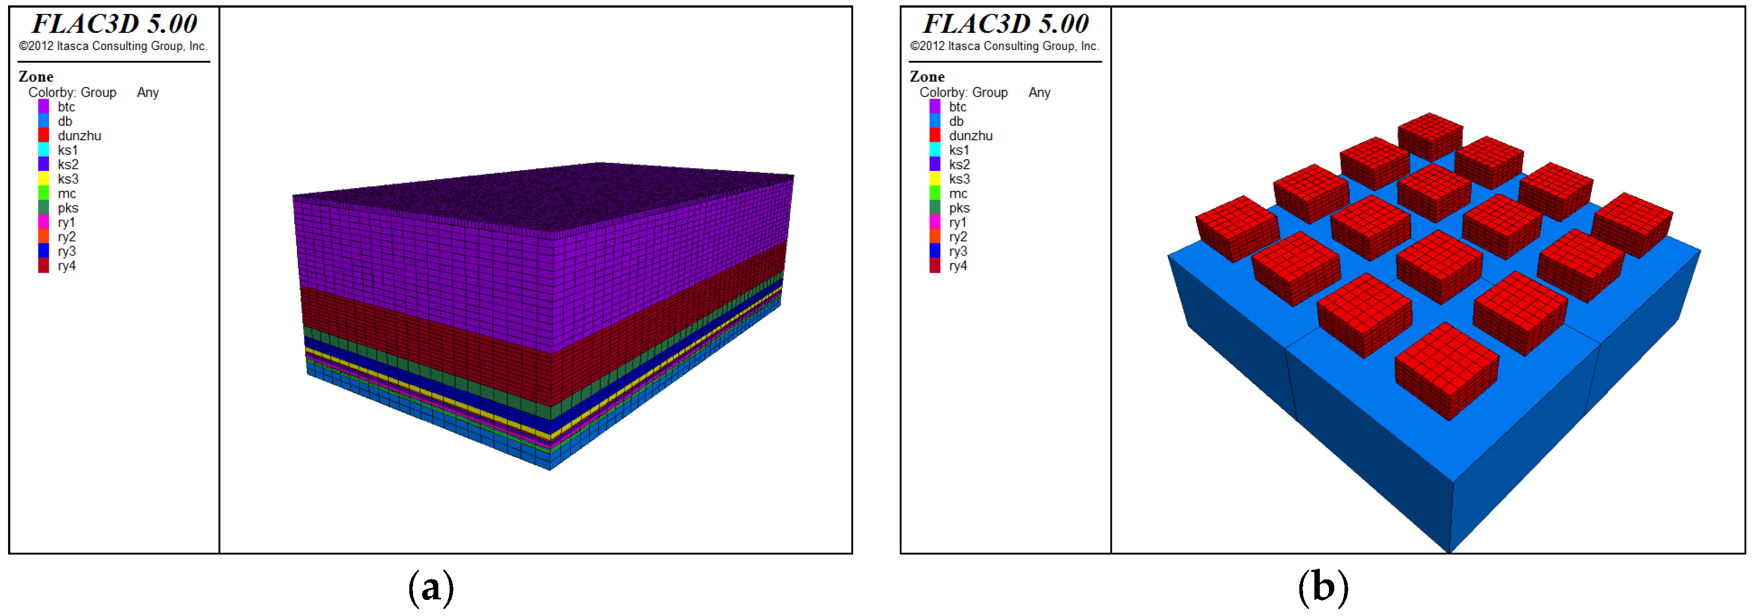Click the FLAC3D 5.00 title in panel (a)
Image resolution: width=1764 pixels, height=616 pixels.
point(115,24)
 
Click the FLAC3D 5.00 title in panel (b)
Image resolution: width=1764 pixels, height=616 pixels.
point(1005,24)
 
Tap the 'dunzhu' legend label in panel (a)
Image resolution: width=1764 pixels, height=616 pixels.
point(80,135)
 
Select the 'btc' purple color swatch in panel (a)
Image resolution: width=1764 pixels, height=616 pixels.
point(43,107)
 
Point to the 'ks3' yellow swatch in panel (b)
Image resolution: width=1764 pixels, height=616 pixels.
point(935,178)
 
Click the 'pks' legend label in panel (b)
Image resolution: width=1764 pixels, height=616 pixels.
point(959,208)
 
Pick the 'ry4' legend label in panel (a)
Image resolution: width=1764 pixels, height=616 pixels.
point(67,266)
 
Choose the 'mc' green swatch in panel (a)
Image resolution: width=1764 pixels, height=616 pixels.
point(43,194)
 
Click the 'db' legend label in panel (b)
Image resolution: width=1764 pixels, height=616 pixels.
point(956,121)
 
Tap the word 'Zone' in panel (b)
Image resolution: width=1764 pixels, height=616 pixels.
point(927,77)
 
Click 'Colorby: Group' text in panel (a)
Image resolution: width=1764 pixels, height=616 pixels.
point(72,92)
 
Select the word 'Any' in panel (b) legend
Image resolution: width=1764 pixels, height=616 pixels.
point(1039,92)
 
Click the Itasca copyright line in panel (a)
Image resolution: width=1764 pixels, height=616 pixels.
point(113,46)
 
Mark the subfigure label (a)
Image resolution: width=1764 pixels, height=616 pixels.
point(431,588)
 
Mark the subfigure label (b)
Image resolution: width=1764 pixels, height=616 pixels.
point(1322,588)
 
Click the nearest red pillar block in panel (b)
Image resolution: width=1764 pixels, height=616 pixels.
point(1446,370)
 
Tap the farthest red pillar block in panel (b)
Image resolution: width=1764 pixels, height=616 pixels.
point(1430,135)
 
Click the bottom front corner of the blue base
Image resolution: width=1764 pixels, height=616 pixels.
point(1450,549)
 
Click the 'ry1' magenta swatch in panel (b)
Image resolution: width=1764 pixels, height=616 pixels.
point(935,223)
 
